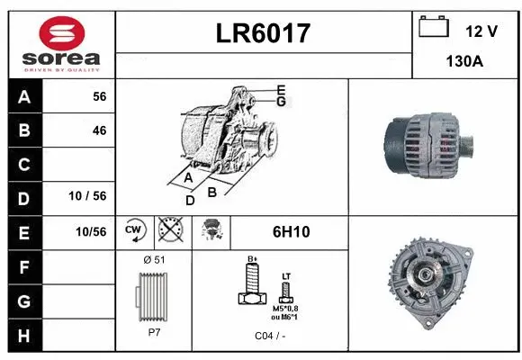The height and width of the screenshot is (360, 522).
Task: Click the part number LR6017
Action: coord(264,33)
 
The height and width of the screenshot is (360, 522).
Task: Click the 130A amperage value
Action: coord(467,62)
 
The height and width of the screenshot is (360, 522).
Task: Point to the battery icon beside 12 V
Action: coord(434,27)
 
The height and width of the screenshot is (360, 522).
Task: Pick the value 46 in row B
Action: coord(99,130)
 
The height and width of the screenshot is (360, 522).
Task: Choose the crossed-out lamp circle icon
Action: coord(169,230)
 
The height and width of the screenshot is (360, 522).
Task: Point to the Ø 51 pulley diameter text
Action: coord(153,260)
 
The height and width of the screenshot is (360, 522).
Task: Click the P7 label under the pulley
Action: coord(153,330)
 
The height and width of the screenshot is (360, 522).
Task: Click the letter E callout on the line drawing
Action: coord(281,89)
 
